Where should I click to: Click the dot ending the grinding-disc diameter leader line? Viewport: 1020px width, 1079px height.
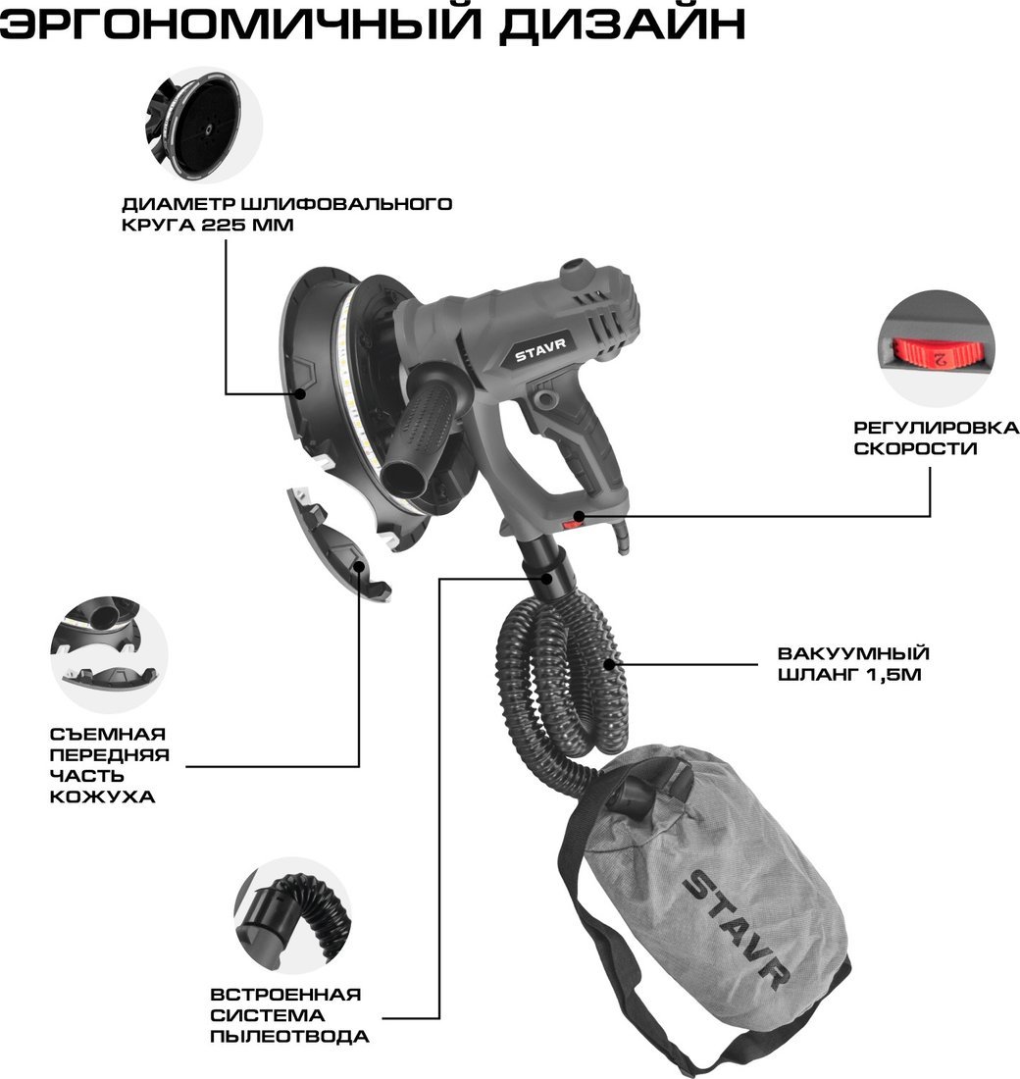click(300, 393)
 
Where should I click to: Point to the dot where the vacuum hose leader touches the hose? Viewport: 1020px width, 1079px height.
click(609, 664)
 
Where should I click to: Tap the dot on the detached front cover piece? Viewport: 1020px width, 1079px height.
click(359, 566)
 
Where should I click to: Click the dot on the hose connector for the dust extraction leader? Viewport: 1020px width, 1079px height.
click(547, 578)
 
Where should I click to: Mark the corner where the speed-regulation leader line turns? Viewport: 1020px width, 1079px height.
click(930, 515)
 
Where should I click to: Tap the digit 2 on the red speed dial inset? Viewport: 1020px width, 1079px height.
click(941, 358)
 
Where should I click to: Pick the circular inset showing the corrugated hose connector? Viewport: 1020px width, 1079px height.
click(293, 915)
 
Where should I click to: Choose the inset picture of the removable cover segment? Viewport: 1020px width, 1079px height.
click(110, 654)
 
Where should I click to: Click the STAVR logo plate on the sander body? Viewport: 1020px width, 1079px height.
click(541, 347)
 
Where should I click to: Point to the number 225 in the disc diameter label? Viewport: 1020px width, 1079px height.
click(224, 225)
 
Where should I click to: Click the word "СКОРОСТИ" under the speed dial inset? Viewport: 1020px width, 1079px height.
click(915, 448)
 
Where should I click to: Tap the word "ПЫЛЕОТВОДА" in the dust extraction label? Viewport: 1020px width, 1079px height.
click(289, 1036)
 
